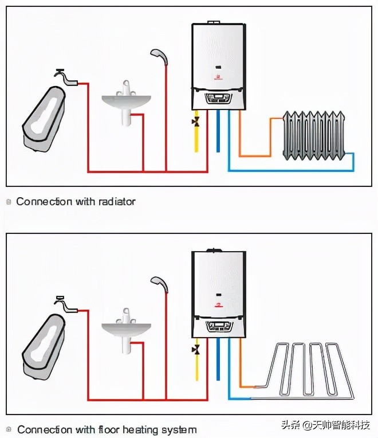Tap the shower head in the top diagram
157,54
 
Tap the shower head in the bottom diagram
157,281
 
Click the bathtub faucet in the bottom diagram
64,303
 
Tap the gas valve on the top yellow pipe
196,122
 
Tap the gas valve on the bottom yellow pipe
196,349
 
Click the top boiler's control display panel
219,98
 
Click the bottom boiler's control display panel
219,326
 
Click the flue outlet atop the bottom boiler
218,250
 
